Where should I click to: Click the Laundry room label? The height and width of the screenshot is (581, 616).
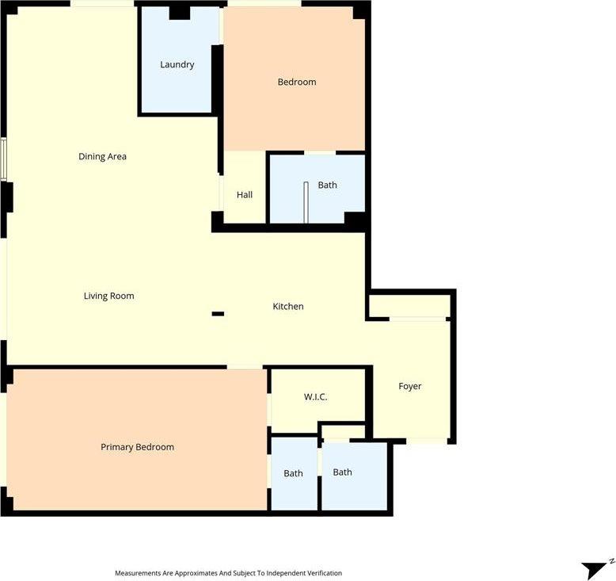point(177,64)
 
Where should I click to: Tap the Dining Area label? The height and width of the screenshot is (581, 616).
point(102,156)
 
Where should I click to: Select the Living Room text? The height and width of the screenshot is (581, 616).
point(108,296)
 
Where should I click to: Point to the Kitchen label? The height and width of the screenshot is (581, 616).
point(287,306)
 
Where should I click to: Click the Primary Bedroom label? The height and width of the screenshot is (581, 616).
point(137,447)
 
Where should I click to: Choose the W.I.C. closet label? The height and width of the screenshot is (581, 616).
point(315,396)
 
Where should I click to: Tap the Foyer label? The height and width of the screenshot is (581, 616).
point(409,386)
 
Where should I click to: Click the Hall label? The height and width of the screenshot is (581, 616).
point(245,194)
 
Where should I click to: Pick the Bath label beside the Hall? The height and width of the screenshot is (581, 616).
point(327,185)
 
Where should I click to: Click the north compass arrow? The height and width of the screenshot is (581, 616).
point(595,568)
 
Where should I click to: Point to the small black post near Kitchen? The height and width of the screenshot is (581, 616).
point(218,314)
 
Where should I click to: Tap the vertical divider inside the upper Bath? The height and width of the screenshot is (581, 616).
point(306,201)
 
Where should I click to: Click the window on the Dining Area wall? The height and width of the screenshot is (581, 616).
point(4,159)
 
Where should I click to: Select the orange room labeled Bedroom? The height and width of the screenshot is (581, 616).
point(296,82)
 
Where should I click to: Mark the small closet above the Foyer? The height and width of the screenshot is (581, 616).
point(409,305)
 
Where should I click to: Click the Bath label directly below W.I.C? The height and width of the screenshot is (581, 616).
point(293,473)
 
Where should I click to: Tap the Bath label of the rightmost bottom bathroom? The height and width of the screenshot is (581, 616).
point(342,472)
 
